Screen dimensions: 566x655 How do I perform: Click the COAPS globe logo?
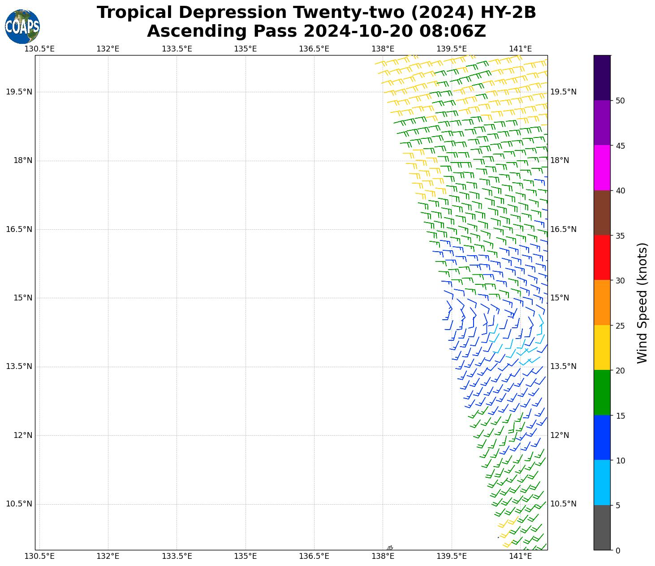click(22, 27)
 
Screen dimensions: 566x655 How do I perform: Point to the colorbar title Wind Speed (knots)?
click(642, 303)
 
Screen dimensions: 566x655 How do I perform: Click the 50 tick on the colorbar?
click(620, 101)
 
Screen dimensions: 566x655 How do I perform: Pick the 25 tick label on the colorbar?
click(620, 326)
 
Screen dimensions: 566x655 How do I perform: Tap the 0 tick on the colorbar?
click(618, 550)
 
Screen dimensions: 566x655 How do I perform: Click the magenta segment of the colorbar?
click(602, 168)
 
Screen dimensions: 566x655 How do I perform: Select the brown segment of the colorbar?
click(602, 213)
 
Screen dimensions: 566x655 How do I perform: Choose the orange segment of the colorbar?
click(602, 303)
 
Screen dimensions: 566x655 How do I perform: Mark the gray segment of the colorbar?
click(602, 527)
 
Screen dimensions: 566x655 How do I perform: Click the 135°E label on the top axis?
click(246, 49)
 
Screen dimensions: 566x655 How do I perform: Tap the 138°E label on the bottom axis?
click(383, 557)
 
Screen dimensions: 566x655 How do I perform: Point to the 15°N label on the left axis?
click(22, 298)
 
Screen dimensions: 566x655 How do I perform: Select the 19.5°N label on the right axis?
click(563, 92)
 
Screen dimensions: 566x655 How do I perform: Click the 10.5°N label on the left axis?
click(19, 504)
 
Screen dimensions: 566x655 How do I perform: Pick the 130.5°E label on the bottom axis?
click(39, 557)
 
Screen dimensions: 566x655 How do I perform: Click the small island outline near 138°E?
click(390, 548)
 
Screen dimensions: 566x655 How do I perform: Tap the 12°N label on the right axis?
click(560, 435)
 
